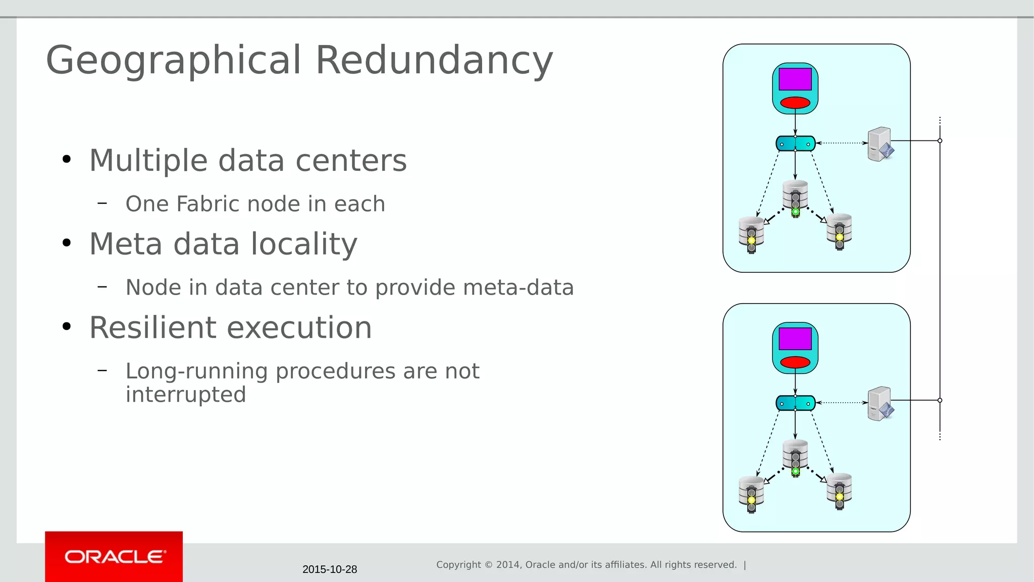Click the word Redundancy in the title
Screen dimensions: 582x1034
[434, 60]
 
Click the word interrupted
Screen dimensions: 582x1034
[185, 395]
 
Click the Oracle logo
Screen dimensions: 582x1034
[114, 557]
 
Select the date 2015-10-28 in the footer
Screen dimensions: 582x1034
[330, 569]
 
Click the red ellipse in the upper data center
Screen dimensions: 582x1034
[795, 103]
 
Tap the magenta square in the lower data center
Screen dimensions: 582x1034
[795, 338]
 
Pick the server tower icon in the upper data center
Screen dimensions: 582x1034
[880, 144]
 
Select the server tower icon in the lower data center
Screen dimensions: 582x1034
[880, 404]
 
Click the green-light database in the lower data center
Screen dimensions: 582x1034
[795, 457]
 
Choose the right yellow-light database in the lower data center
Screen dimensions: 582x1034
[839, 491]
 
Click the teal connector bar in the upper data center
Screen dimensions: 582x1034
[795, 143]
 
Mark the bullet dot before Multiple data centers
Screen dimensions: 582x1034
[67, 160]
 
